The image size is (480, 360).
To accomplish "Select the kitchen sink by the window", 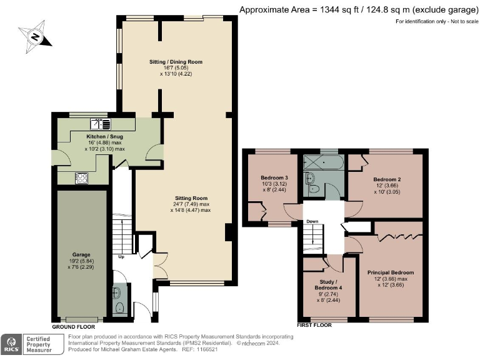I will (x=99, y=124).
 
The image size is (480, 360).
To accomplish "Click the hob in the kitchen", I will (x=82, y=177).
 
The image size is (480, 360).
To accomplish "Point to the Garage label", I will (x=80, y=255).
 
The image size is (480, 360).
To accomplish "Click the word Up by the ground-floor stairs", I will (x=121, y=256).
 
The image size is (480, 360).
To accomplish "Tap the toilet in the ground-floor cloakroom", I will (x=119, y=307).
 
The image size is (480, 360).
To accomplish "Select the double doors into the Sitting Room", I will (x=160, y=266).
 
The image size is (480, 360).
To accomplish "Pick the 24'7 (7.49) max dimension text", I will (x=190, y=204).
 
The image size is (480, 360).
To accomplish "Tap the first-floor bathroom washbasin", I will (x=312, y=178).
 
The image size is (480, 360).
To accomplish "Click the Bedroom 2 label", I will (x=387, y=179).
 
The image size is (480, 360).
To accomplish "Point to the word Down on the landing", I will (x=312, y=221).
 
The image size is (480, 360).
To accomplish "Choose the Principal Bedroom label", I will (x=391, y=272).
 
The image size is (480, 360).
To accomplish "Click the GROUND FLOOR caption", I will (x=73, y=327).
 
